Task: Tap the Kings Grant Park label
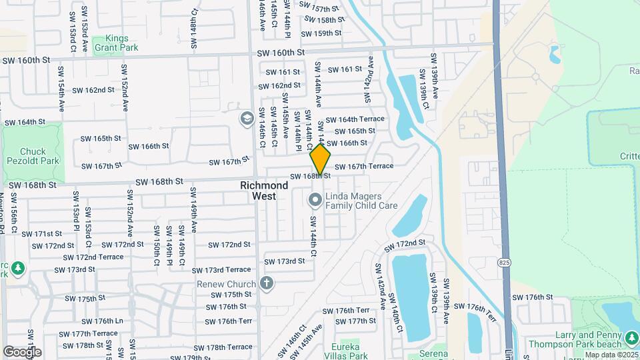111,43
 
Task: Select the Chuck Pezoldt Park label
33,156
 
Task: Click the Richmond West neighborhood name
264,191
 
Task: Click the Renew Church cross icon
267,283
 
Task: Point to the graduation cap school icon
246,118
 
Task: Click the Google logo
22,351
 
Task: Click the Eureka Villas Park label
345,351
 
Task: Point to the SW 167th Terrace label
364,166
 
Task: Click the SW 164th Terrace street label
355,119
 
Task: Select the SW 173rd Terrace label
222,270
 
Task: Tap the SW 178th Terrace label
229,347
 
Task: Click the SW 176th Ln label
100,321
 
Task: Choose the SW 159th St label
321,33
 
